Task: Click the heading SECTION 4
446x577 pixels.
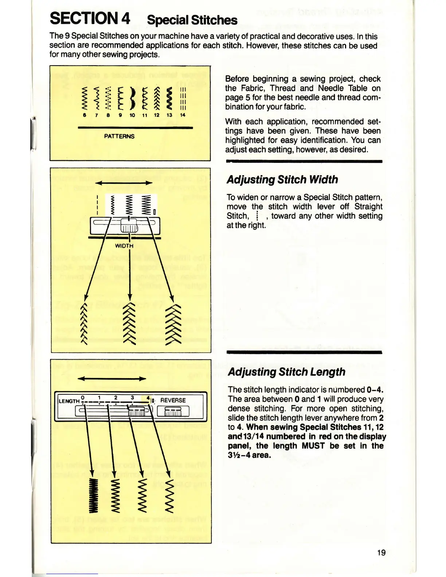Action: pos(90,18)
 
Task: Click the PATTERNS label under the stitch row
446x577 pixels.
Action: pos(119,136)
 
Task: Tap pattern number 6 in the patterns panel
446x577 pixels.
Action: pos(85,115)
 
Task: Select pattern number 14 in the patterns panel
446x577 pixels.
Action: pos(183,115)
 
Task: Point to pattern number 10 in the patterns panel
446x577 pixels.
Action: pos(132,115)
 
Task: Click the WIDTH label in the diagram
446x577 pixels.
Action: pos(124,246)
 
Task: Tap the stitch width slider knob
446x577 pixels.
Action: pos(129,225)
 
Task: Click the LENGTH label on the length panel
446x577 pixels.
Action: pos(69,401)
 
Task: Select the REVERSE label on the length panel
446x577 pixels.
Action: pos(173,400)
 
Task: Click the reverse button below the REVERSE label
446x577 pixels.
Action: pos(173,411)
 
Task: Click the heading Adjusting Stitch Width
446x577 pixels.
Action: pos(282,180)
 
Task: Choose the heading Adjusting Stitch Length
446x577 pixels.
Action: pos(286,372)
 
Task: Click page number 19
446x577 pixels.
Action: pos(381,553)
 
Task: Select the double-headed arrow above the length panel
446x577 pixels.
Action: pos(112,379)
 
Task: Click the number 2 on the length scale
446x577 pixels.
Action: pos(116,398)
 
